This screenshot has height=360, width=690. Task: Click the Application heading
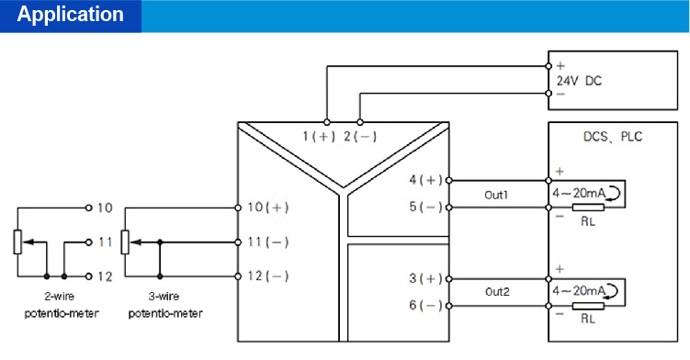(x=71, y=16)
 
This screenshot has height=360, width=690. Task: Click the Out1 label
(x=497, y=195)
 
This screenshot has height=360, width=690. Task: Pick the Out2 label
(x=497, y=292)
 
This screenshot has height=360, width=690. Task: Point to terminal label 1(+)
(x=320, y=137)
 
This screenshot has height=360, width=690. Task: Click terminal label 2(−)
(x=360, y=137)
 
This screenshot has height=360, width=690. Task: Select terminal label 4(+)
(x=425, y=180)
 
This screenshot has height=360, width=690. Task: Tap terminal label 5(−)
(x=425, y=208)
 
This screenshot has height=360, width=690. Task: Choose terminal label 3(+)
(x=425, y=277)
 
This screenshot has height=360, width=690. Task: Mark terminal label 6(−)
(x=425, y=305)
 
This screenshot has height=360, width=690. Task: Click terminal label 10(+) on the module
(x=268, y=208)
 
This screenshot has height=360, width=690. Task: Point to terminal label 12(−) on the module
(x=268, y=276)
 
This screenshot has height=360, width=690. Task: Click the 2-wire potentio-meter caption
(x=56, y=305)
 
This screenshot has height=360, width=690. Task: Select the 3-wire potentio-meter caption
(x=166, y=305)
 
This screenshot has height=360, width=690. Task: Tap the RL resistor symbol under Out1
(x=585, y=208)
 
